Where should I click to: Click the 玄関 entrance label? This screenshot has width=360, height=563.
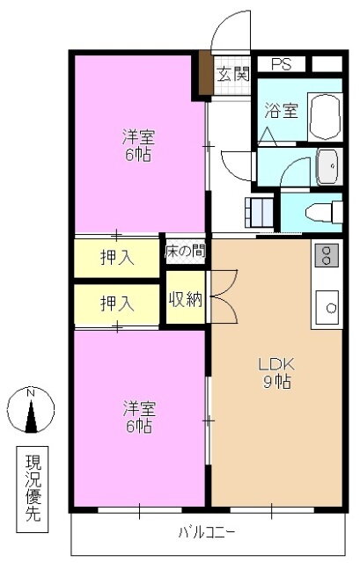coord(233,74)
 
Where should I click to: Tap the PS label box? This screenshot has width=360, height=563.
coord(282,64)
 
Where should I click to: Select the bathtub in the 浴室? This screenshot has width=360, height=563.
coord(325,117)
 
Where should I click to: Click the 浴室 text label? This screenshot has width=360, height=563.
coord(282,110)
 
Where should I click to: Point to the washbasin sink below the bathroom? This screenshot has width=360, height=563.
coord(327,166)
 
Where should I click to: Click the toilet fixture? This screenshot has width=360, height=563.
coord(324,212)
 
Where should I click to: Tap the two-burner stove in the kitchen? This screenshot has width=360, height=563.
coord(327,255)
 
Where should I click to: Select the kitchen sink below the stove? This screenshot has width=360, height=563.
coord(327,307)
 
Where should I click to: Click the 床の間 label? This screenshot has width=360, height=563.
coord(186,252)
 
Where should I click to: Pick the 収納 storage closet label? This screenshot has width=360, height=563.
coord(186,299)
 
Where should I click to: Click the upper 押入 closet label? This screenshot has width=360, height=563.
coord(117,257)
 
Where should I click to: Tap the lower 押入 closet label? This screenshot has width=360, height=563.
coord(117,303)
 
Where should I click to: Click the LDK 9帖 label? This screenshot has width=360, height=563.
coord(276,373)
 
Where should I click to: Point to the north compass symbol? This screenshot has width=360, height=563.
coord(31,410)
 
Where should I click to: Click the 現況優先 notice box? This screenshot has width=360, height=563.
coord(33,489)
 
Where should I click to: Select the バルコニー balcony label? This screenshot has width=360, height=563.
coord(208,532)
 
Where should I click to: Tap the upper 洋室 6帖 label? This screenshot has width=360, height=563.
coord(139,145)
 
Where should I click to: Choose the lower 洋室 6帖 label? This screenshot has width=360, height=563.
coord(139,417)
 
